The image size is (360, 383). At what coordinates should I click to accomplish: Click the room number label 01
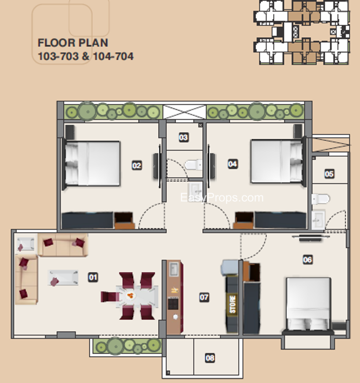click(x=93, y=278)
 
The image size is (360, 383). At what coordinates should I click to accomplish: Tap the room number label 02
click(x=137, y=166)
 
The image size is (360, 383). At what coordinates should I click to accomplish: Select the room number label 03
click(x=184, y=137)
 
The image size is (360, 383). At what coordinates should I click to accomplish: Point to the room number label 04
click(x=232, y=164)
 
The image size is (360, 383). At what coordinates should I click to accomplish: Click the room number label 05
click(x=329, y=174)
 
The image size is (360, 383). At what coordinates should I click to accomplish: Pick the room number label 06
click(x=307, y=259)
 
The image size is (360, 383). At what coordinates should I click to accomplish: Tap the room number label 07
click(x=204, y=297)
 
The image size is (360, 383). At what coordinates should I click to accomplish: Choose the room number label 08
click(x=210, y=358)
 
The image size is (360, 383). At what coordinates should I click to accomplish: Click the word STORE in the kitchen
click(x=232, y=304)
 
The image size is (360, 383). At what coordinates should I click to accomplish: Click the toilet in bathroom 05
click(x=321, y=199)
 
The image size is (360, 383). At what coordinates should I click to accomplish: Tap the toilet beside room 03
click(x=194, y=165)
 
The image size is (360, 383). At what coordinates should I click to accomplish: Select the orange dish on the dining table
click(x=130, y=296)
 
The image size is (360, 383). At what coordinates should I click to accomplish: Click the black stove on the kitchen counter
click(x=173, y=304)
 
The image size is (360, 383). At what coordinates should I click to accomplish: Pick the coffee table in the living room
click(x=63, y=278)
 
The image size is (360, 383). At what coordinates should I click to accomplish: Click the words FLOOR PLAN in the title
click(x=73, y=43)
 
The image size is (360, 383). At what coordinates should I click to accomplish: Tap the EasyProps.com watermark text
click(x=222, y=198)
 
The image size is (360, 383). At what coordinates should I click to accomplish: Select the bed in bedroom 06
click(x=308, y=305)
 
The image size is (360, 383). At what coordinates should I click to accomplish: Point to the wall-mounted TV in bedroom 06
click(x=311, y=237)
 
